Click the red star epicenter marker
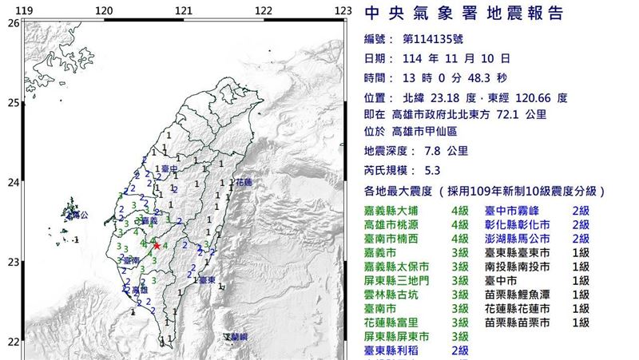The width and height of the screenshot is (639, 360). [157, 247]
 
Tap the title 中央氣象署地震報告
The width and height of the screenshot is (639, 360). [464, 14]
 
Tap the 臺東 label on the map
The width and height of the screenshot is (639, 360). [207, 280]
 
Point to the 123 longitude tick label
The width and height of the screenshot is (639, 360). [343, 10]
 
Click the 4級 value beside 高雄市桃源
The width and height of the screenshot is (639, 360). [459, 225]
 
